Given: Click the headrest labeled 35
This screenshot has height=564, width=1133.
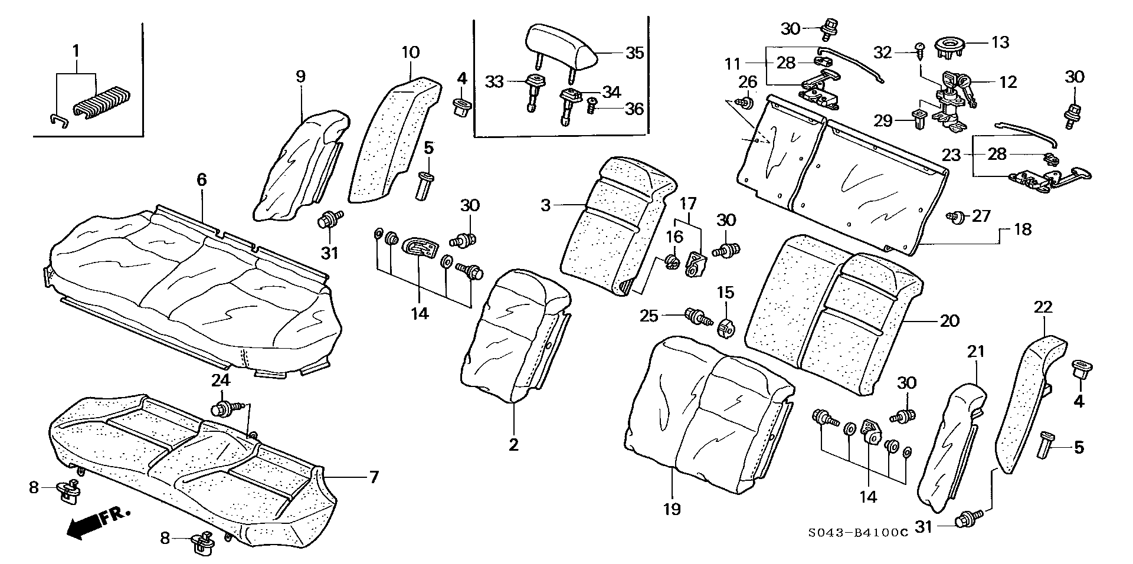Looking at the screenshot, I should point(562,47).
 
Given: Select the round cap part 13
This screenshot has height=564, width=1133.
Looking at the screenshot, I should point(952,45).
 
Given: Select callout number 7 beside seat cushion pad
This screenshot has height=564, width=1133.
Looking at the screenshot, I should point(374,477).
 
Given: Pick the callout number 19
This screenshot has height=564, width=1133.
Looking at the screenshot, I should point(672,508).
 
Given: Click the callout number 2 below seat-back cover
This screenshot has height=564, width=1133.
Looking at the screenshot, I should point(513,445).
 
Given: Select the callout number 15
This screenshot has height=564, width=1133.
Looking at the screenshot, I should point(725,292).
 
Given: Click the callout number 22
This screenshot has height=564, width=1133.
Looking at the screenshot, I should point(1043,307).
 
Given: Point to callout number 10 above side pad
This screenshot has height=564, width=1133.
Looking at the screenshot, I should point(411,52).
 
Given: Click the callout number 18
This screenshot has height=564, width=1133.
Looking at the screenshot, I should point(1023,229).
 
